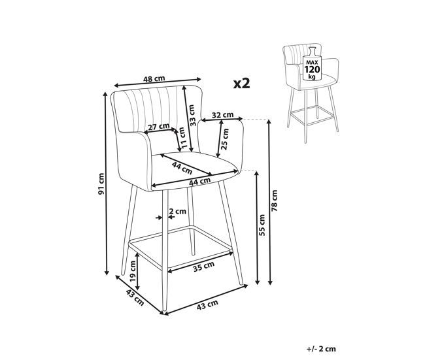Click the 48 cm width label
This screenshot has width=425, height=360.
(x=154, y=79)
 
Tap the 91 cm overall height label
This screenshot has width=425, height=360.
(x=101, y=184)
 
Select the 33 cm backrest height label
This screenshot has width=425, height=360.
(x=192, y=115)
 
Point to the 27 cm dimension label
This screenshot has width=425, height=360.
(x=159, y=127)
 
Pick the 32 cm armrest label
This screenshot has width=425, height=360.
(x=222, y=115)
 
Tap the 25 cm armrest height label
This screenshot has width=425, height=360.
(x=225, y=139)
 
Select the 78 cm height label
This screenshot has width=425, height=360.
(x=275, y=201)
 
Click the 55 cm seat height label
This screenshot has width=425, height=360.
(x=262, y=225)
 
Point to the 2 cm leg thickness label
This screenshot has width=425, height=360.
(x=178, y=211)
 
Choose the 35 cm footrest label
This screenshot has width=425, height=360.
(x=204, y=267)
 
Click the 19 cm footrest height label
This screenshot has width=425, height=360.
(x=133, y=271)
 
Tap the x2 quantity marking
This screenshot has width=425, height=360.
(x=241, y=84)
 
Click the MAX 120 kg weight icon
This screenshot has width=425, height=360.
(x=313, y=64)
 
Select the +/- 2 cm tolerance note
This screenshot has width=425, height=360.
(x=321, y=349)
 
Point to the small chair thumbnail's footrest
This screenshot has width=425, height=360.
(x=312, y=116)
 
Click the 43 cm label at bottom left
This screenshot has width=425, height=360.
(x=135, y=297)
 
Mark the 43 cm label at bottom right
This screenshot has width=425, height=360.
(x=207, y=304)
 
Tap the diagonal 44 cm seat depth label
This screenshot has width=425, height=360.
(x=182, y=168)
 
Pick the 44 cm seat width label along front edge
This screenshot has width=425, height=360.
(x=200, y=182)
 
